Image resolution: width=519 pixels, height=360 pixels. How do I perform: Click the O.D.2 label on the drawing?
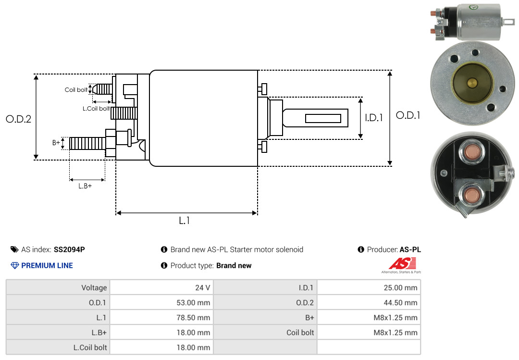[x=19, y=119]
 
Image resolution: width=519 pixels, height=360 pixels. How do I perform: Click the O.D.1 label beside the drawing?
[x=408, y=115]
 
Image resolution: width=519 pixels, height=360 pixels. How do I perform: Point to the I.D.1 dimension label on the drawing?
[x=374, y=118]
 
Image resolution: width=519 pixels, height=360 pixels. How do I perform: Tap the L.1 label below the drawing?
[x=185, y=221]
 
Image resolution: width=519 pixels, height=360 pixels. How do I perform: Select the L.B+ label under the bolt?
[x=85, y=186]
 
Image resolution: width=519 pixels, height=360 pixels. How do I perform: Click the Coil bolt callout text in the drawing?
[x=76, y=90]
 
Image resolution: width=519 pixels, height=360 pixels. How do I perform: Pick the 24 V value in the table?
[x=203, y=287]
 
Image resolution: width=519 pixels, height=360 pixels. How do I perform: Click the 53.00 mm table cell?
[x=193, y=303]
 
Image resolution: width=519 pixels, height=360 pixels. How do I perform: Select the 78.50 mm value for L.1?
[x=193, y=318]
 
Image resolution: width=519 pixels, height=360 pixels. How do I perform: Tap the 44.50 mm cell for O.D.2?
[x=400, y=303]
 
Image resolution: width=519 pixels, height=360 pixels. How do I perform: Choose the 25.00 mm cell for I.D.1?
[x=400, y=287]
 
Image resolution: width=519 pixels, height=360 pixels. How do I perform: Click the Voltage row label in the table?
[x=94, y=287]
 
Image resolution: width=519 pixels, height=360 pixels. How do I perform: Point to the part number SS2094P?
[x=69, y=249]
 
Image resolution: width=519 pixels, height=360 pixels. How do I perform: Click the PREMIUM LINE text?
[x=47, y=265]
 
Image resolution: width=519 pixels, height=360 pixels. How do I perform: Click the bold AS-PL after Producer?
[x=410, y=249]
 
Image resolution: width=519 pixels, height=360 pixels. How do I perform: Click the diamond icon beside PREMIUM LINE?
[x=15, y=265]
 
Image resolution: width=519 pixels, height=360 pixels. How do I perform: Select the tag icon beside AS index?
[x=14, y=249]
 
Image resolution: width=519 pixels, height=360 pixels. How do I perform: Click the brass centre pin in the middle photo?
[x=472, y=83]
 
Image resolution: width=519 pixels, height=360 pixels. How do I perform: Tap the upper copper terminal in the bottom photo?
[x=471, y=152]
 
